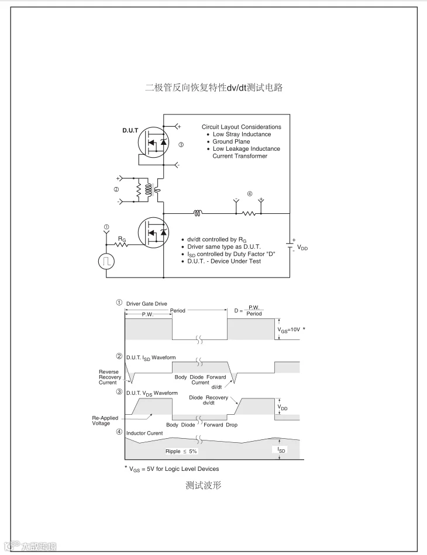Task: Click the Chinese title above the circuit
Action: click(x=213, y=88)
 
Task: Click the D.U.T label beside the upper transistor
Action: click(x=130, y=130)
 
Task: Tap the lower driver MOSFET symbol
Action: click(x=153, y=232)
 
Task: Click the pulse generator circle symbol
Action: click(x=106, y=261)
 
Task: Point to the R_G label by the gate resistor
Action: click(x=122, y=239)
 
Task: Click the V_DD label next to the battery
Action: click(x=302, y=248)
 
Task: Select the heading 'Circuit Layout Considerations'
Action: click(x=241, y=127)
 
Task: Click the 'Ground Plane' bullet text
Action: click(x=231, y=141)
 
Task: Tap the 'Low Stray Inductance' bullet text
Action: click(x=242, y=134)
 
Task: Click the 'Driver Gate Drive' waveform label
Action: click(x=146, y=303)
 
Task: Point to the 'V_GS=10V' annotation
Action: click(x=289, y=329)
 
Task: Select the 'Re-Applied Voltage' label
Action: click(x=105, y=421)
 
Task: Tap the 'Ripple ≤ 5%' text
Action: click(x=181, y=452)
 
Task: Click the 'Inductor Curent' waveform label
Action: click(x=144, y=433)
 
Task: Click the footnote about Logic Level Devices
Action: click(x=174, y=469)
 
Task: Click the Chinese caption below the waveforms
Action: click(x=203, y=485)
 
